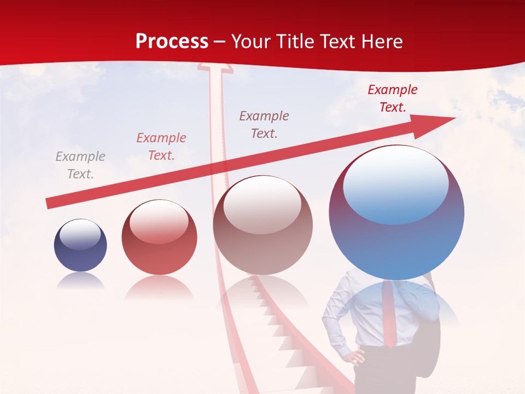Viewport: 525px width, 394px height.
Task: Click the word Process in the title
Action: (172, 42)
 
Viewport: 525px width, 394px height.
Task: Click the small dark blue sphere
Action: (80, 245)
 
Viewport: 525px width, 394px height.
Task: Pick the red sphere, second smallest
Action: (159, 237)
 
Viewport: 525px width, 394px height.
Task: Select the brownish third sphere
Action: (262, 225)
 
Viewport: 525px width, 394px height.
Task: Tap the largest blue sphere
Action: (396, 212)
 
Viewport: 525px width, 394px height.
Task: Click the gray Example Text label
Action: (80, 165)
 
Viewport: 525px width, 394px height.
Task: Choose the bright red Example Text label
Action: (392, 99)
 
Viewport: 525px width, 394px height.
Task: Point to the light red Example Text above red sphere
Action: (161, 147)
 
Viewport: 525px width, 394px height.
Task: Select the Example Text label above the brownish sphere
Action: (264, 124)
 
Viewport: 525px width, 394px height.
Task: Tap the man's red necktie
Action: (389, 315)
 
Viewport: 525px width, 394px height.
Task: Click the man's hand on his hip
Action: (357, 358)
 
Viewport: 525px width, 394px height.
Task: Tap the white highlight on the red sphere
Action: (159, 222)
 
